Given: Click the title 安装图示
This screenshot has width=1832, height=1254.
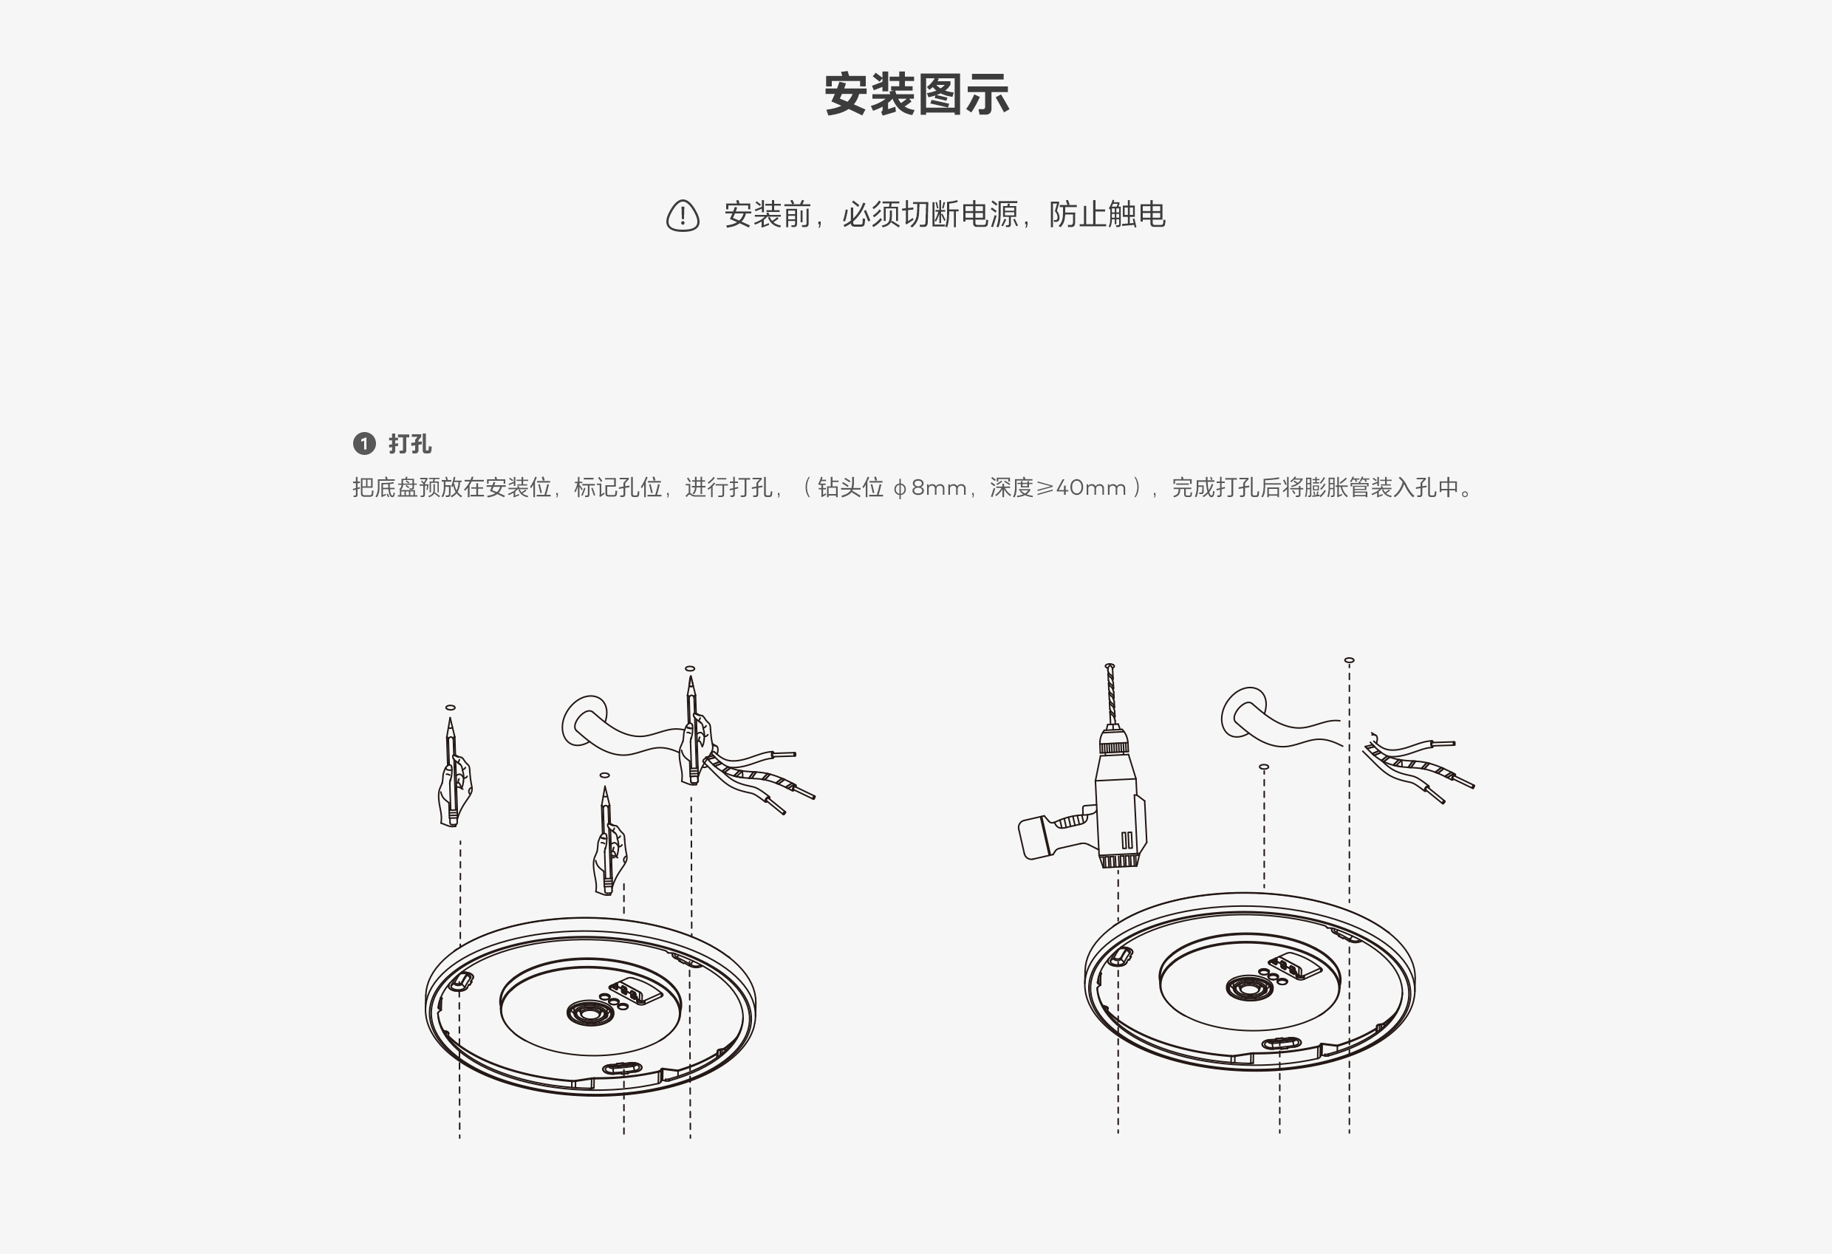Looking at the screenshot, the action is [x=916, y=95].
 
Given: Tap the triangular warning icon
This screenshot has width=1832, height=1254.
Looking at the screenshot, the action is [x=683, y=215].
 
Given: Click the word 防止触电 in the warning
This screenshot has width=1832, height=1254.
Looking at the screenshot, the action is [x=1107, y=214].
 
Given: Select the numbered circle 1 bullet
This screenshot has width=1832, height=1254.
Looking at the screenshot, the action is [x=364, y=444].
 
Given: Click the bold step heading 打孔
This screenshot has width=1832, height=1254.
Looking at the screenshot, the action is [x=410, y=444].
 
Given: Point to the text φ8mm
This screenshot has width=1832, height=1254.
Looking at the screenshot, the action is [x=929, y=488].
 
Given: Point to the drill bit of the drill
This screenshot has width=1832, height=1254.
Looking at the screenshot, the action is [x=1111, y=693].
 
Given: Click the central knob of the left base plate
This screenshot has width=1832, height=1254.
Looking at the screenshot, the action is [x=590, y=1013].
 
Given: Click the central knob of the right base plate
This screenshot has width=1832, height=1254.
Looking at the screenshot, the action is [x=1250, y=987].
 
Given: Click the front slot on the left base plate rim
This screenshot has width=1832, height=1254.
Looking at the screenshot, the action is [x=623, y=1068].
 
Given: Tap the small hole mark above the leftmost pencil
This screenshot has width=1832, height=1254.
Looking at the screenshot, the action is [x=450, y=707].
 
